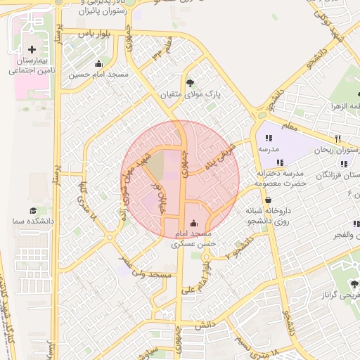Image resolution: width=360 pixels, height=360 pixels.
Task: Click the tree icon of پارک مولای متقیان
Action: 188,82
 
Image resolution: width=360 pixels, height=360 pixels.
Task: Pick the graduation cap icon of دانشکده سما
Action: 32,210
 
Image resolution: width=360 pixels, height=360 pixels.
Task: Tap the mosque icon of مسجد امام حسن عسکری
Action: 194,224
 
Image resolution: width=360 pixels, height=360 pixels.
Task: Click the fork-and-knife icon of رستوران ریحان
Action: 337,139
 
